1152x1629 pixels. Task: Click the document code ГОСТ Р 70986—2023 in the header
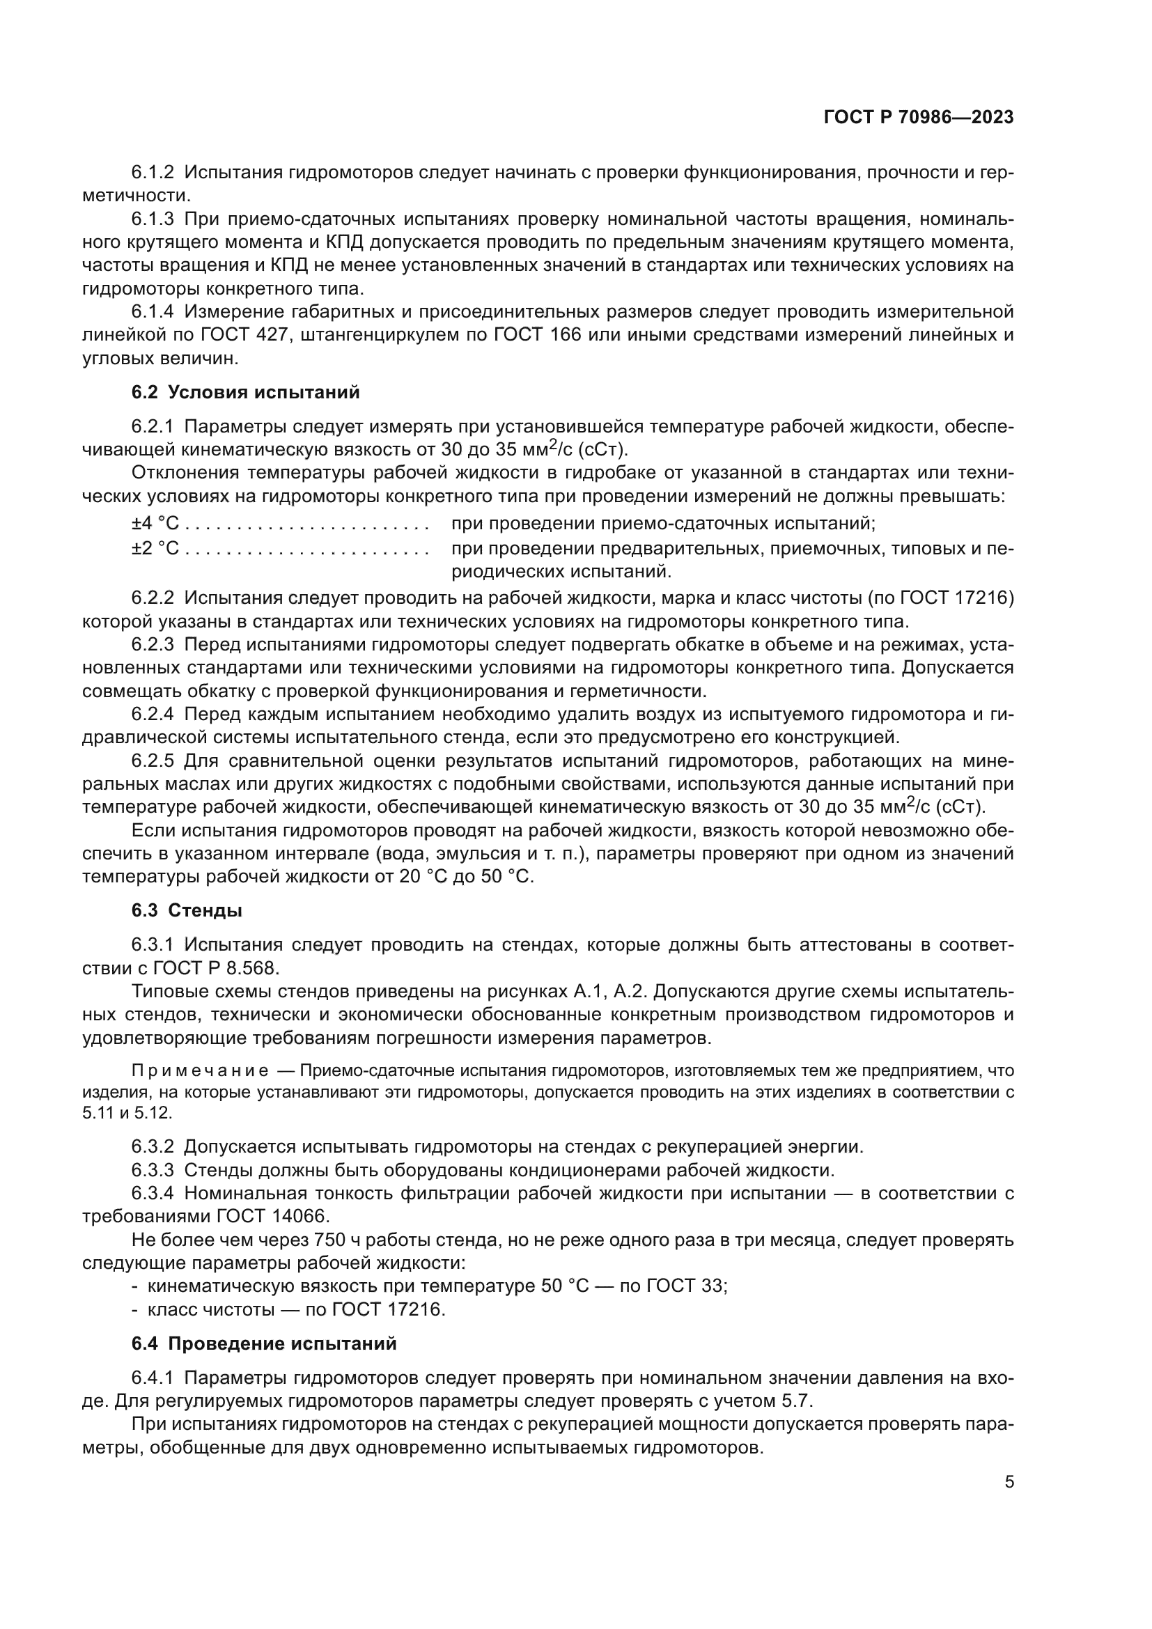pos(918,117)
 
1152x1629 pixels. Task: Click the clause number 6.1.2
pos(153,173)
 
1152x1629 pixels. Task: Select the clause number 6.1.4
pos(153,311)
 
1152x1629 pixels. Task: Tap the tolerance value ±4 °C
pos(155,524)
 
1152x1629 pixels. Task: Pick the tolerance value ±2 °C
pos(155,547)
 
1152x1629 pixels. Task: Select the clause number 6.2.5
pos(153,761)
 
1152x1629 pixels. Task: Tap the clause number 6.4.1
pos(153,1378)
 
